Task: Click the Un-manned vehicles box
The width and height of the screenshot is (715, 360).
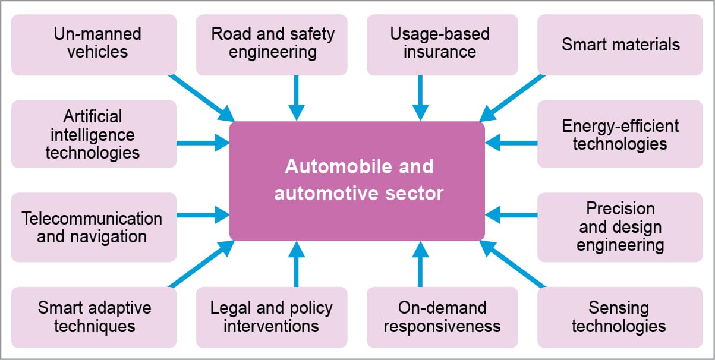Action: tap(94, 45)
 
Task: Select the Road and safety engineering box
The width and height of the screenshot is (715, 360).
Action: tap(272, 45)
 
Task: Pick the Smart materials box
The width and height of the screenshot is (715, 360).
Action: tap(620, 45)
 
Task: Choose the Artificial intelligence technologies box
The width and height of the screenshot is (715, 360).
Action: tap(94, 134)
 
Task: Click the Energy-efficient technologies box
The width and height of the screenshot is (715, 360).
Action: tap(620, 134)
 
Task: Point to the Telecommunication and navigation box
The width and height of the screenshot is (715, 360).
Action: tap(94, 227)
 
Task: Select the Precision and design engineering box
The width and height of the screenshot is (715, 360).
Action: tap(620, 227)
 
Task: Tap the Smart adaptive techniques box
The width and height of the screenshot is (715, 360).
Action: tap(94, 317)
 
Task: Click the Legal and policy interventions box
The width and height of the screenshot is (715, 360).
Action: tap(272, 317)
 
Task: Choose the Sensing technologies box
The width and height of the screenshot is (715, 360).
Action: tap(620, 317)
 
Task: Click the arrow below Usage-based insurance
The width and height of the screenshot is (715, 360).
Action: tap(420, 97)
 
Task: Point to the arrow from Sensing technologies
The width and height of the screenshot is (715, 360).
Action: tap(512, 265)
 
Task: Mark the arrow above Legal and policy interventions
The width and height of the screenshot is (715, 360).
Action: tap(296, 265)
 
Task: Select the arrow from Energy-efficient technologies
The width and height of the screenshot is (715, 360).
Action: tap(511, 143)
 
